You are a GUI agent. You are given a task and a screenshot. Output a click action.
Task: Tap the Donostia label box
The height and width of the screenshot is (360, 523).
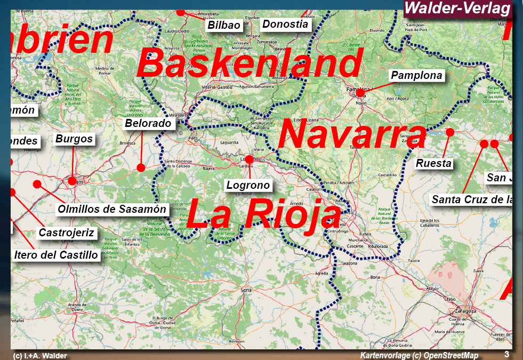tap(285, 24)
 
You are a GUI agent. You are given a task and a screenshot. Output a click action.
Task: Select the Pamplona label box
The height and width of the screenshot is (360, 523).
tap(416, 75)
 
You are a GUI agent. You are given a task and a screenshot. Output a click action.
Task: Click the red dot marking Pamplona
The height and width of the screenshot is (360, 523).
tap(360, 93)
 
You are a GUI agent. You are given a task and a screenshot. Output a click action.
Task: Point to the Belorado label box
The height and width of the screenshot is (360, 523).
tap(148, 123)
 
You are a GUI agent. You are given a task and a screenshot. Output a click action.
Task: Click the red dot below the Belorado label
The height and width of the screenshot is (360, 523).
tap(141, 167)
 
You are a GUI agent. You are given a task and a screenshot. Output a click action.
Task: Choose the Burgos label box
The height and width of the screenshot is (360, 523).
tap(74, 139)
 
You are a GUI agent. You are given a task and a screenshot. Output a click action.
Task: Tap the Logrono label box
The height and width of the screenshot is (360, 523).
tap(248, 185)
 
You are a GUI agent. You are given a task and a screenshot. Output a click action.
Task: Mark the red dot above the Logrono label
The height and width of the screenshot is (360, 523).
tap(249, 159)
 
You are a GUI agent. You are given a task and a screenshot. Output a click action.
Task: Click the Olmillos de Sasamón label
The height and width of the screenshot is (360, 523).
tap(112, 209)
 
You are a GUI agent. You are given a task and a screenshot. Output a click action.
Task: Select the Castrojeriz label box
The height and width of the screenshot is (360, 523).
tap(67, 233)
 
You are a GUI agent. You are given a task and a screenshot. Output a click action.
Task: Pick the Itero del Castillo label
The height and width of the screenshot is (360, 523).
tap(56, 255)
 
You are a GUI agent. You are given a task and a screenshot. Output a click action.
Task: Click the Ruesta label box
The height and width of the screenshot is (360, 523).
tap(433, 163)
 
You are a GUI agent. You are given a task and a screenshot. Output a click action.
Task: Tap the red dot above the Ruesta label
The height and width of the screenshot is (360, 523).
tap(450, 132)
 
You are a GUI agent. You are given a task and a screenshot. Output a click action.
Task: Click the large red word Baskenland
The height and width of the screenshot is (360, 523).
tap(250, 64)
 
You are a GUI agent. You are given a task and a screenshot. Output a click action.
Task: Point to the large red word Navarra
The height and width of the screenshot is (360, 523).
tap(352, 134)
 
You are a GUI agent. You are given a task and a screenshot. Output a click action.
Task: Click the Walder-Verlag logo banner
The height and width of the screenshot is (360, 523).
tap(457, 9)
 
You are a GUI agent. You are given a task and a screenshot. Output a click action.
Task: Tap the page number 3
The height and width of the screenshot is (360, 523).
tap(506, 354)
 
